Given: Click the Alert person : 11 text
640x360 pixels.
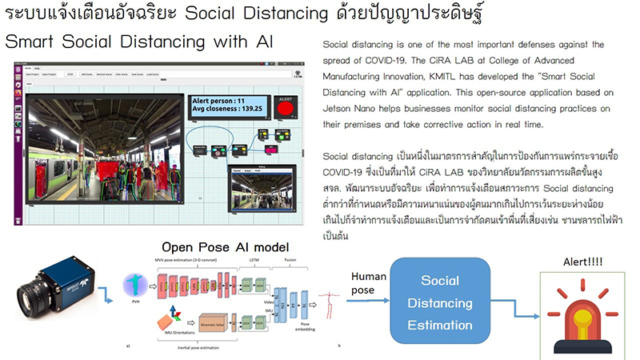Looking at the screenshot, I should pos(216,99).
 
